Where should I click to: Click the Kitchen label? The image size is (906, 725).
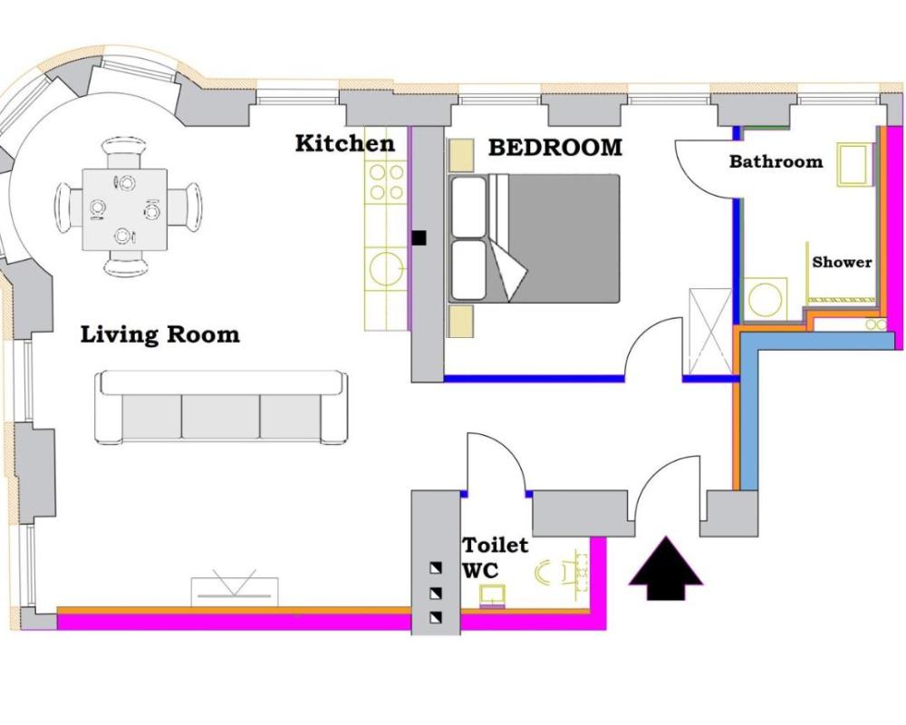[345, 143]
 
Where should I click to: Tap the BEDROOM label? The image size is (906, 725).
[555, 148]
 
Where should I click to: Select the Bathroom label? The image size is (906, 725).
[776, 160]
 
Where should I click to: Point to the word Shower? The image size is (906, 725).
[842, 262]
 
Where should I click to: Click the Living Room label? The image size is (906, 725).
[159, 334]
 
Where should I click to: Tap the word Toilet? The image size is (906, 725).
[496, 545]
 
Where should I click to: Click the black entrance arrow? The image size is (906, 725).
[666, 568]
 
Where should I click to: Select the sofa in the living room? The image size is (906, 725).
[221, 408]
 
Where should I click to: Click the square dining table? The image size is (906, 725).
[125, 209]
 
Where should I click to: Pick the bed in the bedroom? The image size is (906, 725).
[535, 238]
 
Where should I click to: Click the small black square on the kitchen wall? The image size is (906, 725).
[419, 237]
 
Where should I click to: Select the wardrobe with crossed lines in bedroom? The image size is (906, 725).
[710, 332]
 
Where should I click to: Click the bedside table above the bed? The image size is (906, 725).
[460, 155]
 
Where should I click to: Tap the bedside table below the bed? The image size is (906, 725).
[460, 321]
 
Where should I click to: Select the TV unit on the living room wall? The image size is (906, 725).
[235, 588]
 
